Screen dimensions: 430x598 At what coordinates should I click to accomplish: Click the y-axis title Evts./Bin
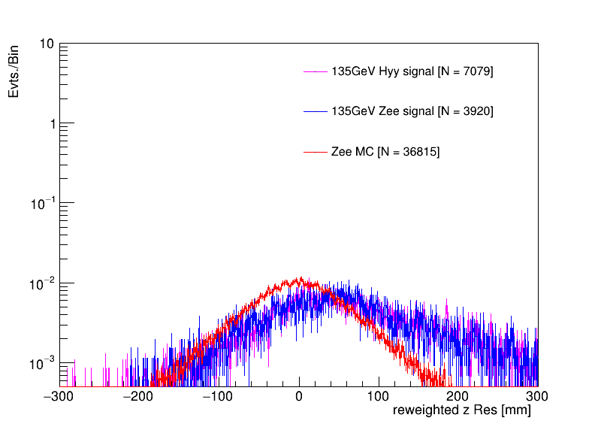(14, 71)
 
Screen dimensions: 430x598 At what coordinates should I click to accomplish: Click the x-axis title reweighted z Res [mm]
(461, 410)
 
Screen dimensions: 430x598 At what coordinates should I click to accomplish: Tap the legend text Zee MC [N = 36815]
(385, 152)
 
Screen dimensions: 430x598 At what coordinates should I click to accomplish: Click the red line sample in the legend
(316, 152)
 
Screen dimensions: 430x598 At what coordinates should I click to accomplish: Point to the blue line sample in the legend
(316, 111)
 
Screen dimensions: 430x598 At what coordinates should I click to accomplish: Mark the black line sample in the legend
(316, 71)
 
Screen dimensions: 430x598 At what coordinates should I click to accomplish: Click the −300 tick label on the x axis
(60, 395)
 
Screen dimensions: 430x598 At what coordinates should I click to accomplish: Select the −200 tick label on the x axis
(140, 395)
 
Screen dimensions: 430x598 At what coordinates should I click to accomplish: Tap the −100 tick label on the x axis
(219, 395)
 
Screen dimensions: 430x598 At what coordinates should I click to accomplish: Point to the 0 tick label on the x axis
(299, 395)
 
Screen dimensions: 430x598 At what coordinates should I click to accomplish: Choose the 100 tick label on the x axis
(379, 395)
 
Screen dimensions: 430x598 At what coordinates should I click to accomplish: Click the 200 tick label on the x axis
(458, 395)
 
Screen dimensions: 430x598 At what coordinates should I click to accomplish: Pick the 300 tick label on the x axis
(536, 395)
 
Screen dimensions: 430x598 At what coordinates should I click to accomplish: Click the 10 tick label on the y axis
(46, 44)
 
